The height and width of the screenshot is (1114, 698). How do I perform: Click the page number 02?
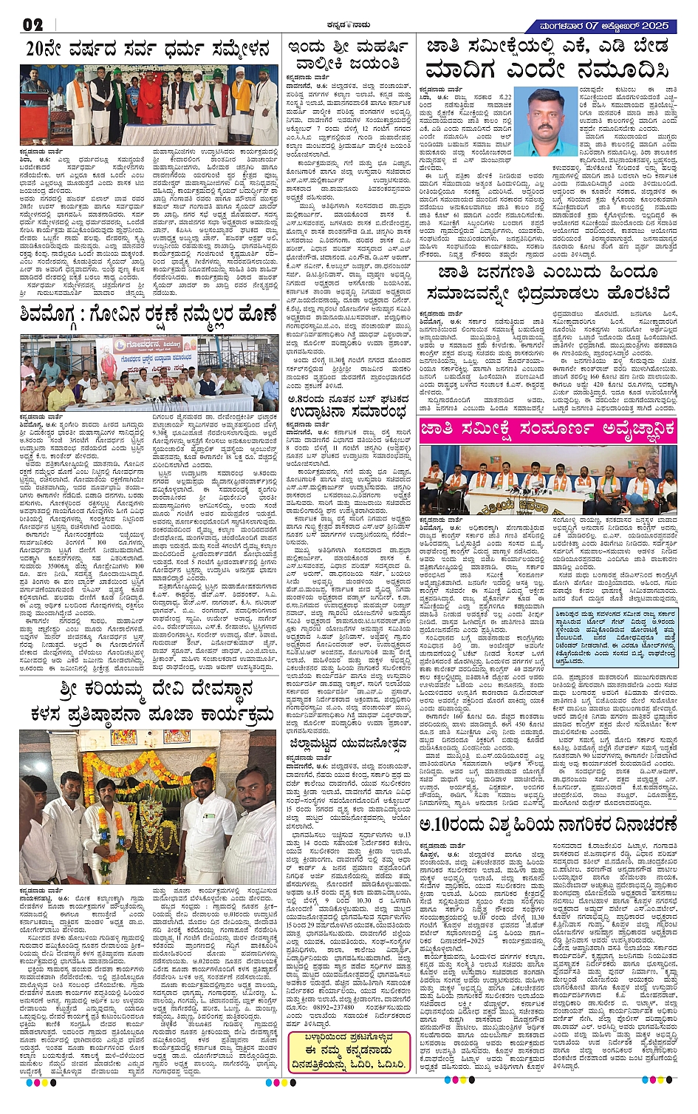tap(33, 24)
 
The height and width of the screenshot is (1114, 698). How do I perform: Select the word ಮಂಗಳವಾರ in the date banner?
tap(566, 26)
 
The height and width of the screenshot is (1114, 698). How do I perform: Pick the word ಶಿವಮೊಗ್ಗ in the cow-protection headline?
tap(55, 315)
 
